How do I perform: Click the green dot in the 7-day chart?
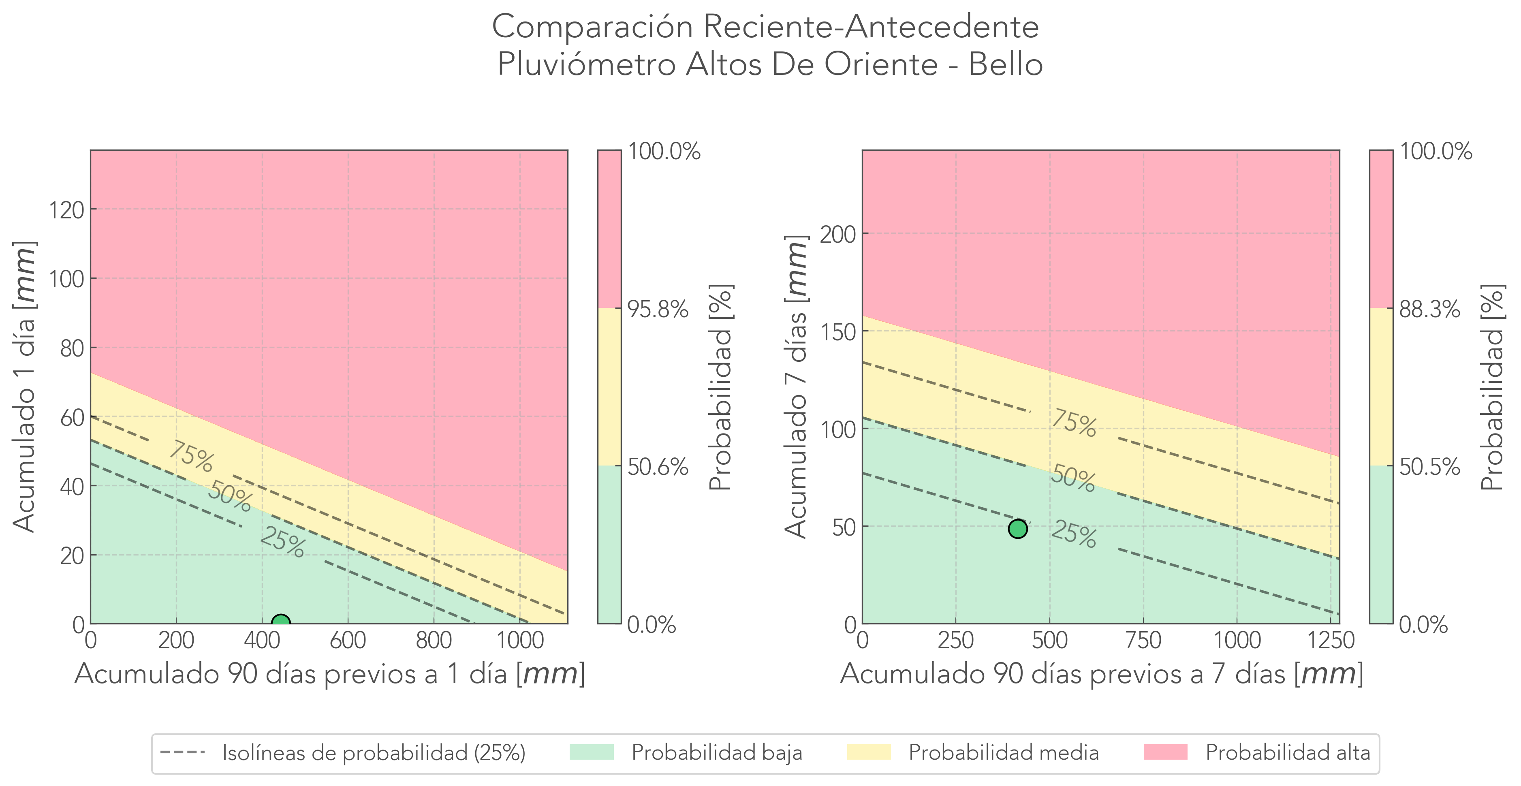point(1018,529)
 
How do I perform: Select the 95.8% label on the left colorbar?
point(658,309)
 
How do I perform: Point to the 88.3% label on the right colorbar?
point(1429,309)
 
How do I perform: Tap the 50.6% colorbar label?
point(658,467)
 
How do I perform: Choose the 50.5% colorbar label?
point(1429,467)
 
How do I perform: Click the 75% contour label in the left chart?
point(191,457)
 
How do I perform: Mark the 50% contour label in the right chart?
point(1073,478)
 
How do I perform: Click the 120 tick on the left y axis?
point(66,209)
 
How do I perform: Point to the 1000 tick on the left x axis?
point(519,641)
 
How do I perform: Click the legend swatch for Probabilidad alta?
point(1165,752)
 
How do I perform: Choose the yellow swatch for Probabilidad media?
point(869,752)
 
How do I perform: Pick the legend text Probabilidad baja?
point(717,753)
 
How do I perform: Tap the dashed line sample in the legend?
point(182,752)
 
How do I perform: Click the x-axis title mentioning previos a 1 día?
point(329,674)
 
